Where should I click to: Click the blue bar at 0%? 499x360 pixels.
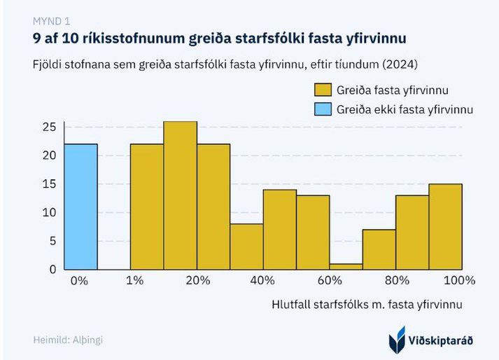pyautogui.click(x=80, y=207)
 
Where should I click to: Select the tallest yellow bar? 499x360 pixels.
pyautogui.click(x=180, y=195)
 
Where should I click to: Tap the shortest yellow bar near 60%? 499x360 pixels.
pyautogui.click(x=346, y=266)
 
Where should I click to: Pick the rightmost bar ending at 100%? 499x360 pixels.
pyautogui.click(x=445, y=226)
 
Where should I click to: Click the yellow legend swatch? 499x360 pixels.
pyautogui.click(x=323, y=90)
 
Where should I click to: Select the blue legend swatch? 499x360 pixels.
pyautogui.click(x=323, y=109)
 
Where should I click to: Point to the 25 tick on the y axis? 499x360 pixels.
pyautogui.click(x=49, y=127)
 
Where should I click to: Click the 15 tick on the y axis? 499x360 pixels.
pyautogui.click(x=49, y=184)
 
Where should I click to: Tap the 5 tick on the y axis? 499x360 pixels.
pyautogui.click(x=51, y=241)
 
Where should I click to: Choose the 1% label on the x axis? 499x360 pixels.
pyautogui.click(x=134, y=281)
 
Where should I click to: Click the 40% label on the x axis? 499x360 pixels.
pyautogui.click(x=262, y=281)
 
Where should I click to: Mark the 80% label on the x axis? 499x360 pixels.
pyautogui.click(x=397, y=281)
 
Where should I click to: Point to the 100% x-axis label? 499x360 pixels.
pyautogui.click(x=458, y=281)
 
